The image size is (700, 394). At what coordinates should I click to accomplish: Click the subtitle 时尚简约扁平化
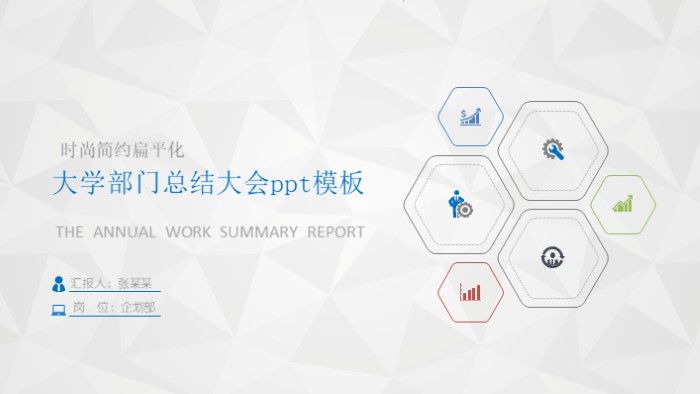(123, 150)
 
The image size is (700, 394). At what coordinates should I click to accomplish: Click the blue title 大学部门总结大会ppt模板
(207, 184)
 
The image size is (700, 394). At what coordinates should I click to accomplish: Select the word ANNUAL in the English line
(125, 232)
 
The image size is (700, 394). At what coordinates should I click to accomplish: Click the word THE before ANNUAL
(69, 232)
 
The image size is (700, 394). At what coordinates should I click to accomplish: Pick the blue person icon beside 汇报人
(59, 283)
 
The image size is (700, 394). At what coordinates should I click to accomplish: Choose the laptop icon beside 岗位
(59, 309)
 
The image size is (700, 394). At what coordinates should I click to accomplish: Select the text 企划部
(138, 308)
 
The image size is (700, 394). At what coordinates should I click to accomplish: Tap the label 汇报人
(90, 283)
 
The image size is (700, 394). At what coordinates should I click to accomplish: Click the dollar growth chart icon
(471, 117)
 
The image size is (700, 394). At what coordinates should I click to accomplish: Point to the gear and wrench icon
(553, 149)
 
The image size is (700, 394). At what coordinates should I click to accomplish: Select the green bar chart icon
(623, 204)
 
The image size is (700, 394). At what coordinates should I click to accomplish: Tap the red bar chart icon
(469, 292)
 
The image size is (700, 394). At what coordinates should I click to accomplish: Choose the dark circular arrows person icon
(552, 257)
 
